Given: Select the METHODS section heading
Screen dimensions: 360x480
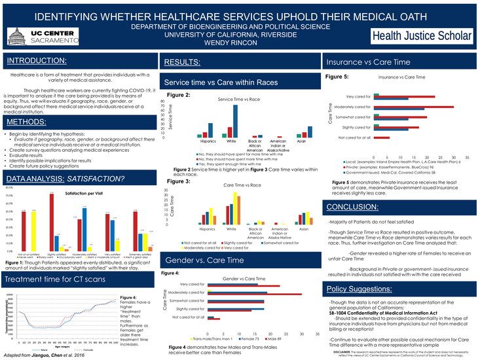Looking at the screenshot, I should pos(27,122).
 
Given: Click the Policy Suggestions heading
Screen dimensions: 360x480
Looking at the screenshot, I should pos(359,289).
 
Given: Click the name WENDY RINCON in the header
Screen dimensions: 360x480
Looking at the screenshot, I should pos(240,43).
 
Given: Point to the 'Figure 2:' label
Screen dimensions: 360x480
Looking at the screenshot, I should pos(179,96).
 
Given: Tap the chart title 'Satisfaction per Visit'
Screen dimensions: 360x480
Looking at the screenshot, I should pos(84,194).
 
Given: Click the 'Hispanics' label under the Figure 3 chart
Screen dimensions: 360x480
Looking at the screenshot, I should pos(208,230).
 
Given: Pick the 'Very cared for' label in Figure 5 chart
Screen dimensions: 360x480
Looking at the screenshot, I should pos(358,97).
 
